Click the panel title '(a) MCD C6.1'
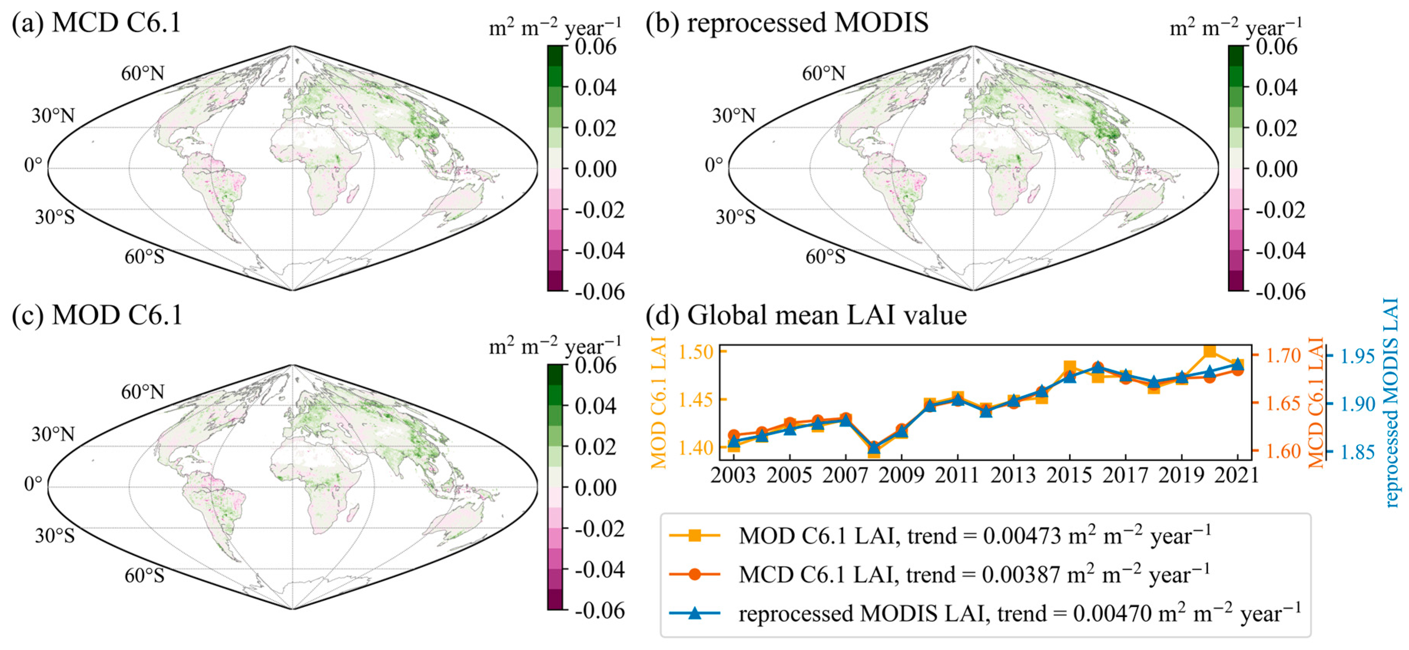(x=96, y=23)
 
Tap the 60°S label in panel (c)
(x=144, y=575)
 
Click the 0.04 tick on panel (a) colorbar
(x=595, y=87)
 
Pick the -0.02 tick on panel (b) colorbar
(x=1280, y=210)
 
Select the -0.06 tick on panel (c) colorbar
(x=599, y=610)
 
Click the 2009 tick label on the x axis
(x=901, y=475)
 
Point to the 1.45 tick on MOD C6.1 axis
(x=696, y=399)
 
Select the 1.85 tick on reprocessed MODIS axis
(x=1357, y=452)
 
